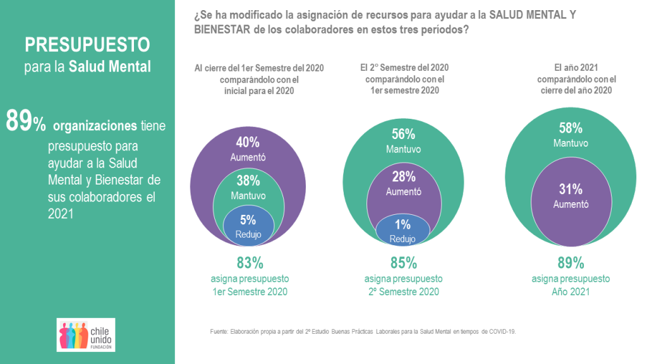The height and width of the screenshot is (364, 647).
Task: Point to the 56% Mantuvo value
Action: coord(403,134)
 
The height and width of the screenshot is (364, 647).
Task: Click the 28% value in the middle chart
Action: coord(403,177)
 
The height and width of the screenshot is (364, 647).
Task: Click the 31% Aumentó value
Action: coord(571,189)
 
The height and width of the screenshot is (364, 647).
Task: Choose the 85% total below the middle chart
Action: coord(403,262)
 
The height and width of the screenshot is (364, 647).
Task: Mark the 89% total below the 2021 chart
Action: coord(571,262)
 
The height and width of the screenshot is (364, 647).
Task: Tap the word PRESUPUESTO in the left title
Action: coord(87,45)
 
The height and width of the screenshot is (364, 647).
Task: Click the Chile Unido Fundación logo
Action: coord(86,335)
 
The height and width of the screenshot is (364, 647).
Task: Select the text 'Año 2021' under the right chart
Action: coord(571,291)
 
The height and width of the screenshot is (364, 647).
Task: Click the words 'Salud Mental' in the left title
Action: coord(110,66)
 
